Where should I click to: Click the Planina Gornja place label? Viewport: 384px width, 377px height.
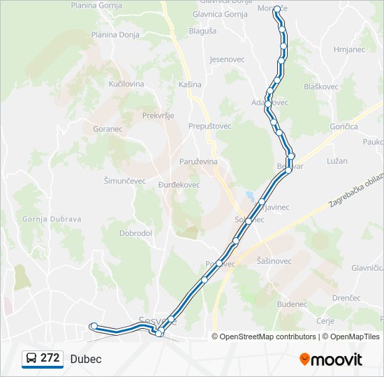tap(98, 5)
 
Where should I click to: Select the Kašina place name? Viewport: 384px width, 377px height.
tap(190, 84)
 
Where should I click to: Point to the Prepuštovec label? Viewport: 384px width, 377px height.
tap(209, 126)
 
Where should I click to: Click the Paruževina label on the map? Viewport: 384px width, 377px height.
tap(199, 161)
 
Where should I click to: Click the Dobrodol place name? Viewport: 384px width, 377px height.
tap(135, 233)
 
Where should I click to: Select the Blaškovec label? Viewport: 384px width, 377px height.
tap(321, 87)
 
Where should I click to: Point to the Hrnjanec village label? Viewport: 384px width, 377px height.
tap(350, 50)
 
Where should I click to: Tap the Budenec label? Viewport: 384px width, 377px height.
tap(292, 304)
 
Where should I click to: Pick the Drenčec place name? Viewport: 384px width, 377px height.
tap(346, 297)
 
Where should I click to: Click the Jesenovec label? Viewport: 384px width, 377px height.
tap(227, 59)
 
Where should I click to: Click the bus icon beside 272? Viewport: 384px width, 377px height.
tap(31, 358)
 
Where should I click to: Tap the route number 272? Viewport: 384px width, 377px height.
tap(50, 358)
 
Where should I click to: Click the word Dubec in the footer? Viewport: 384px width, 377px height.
tap(86, 359)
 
